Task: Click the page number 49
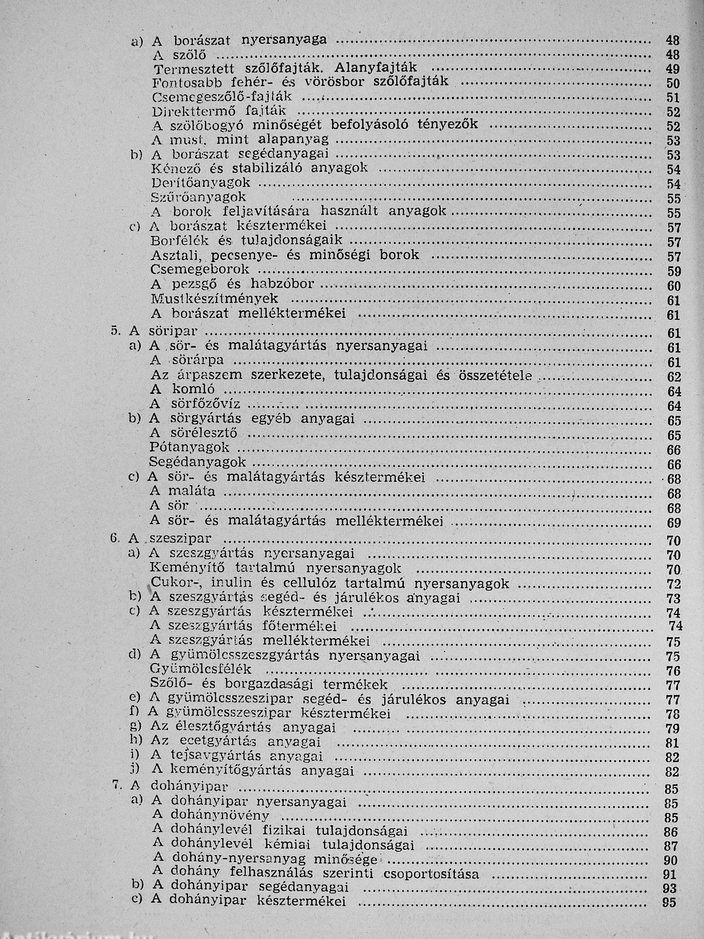(x=673, y=69)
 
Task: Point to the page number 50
(x=673, y=83)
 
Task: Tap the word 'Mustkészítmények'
(x=214, y=299)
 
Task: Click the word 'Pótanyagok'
(x=189, y=447)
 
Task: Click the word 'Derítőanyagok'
(x=201, y=183)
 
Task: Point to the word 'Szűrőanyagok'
(x=199, y=198)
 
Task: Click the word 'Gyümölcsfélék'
(x=201, y=669)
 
